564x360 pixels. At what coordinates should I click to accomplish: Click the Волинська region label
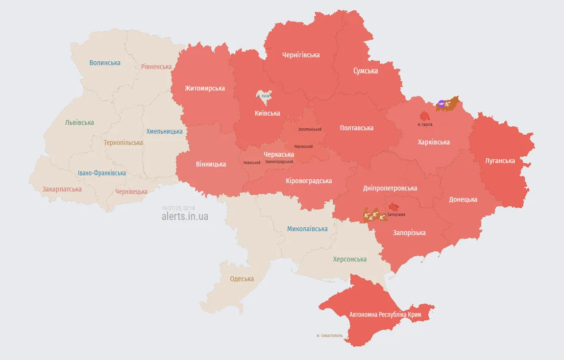coord(105,63)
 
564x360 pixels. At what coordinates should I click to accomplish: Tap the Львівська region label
coord(79,122)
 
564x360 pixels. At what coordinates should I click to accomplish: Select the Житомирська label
coord(205,88)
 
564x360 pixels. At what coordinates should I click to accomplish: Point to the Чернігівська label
coord(301,55)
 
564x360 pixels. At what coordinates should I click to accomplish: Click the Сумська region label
coord(366,71)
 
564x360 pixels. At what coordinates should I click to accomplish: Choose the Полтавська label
coord(357,128)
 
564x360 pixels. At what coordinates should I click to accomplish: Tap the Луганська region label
coord(500,161)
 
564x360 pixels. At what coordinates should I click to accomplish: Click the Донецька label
coord(463,199)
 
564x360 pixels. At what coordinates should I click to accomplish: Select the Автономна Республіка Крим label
coord(385,314)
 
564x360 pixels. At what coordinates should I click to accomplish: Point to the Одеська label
coord(242,279)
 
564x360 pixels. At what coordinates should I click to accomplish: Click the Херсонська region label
coord(350,259)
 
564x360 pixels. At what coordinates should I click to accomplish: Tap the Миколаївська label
coord(307,229)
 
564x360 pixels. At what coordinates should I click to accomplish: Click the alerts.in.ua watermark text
coord(185,216)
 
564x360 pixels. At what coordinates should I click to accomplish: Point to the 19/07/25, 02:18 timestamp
coord(178,208)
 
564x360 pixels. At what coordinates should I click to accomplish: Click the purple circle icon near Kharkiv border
coord(441,103)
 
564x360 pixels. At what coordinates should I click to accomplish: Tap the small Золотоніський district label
coord(310,129)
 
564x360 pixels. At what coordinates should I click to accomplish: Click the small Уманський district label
coord(252,163)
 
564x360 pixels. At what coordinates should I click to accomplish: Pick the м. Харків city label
coord(425,124)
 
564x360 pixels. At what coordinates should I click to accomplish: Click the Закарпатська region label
coord(62,189)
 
